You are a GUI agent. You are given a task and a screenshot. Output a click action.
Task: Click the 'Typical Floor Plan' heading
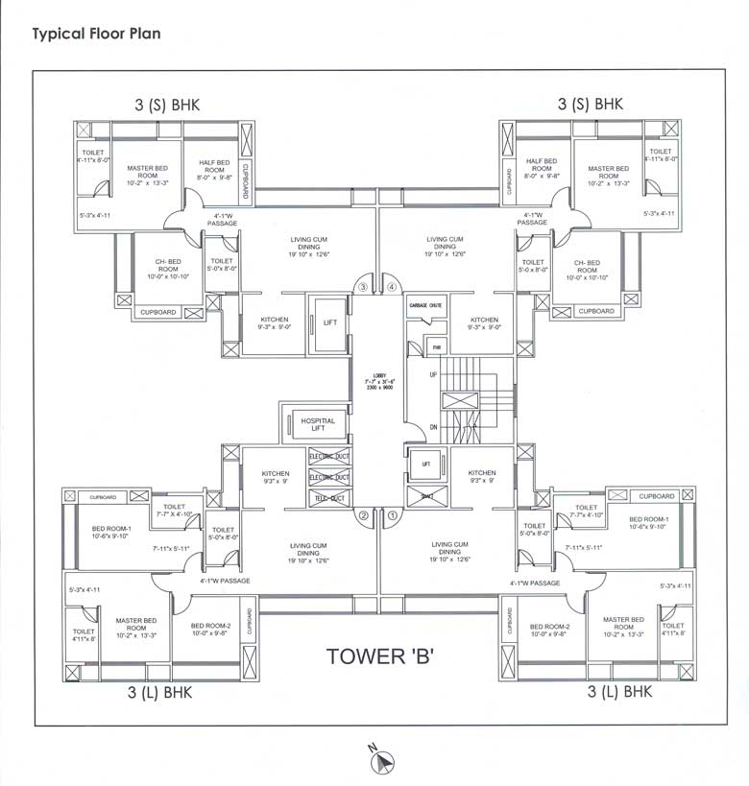(96, 34)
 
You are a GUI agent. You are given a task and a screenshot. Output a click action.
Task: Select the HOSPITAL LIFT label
(318, 425)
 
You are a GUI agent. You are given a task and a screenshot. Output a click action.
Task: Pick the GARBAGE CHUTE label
(425, 305)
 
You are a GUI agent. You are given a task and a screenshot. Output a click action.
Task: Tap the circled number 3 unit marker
(363, 286)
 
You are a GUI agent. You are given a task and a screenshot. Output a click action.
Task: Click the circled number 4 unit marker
(391, 286)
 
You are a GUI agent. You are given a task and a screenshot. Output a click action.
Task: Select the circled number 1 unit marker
(392, 516)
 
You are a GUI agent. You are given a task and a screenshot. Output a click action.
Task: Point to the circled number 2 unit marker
(363, 516)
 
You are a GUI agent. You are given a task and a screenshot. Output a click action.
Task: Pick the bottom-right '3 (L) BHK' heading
(619, 691)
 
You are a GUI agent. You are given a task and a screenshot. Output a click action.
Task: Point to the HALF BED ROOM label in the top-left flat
(214, 169)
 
